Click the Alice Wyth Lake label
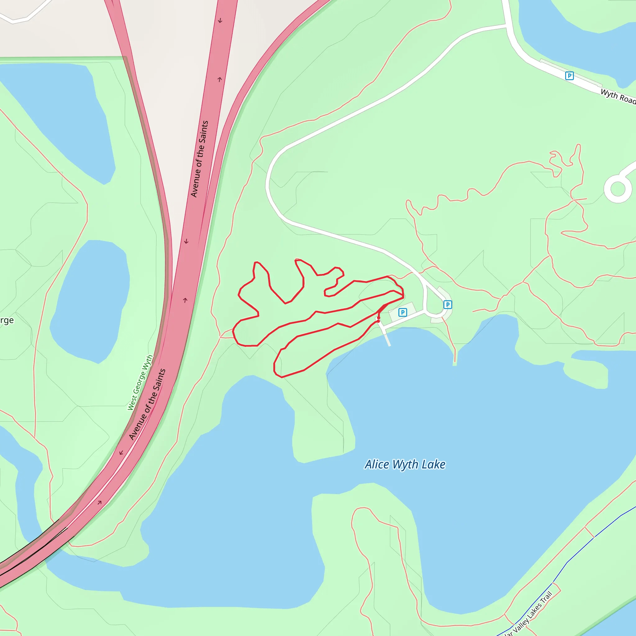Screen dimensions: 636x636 405,465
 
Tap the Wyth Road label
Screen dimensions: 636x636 618,96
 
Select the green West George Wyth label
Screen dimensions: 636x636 140,383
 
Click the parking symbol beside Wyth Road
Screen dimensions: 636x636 569,76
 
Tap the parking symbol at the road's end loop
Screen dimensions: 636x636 447,305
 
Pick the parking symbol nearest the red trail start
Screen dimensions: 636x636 402,312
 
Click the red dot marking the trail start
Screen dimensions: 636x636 378,321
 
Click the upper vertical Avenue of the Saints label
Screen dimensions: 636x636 199,159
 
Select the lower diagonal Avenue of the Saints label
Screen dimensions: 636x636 147,404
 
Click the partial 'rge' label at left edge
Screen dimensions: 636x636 7,320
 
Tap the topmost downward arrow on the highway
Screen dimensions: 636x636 220,21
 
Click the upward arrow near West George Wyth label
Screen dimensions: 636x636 185,300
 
